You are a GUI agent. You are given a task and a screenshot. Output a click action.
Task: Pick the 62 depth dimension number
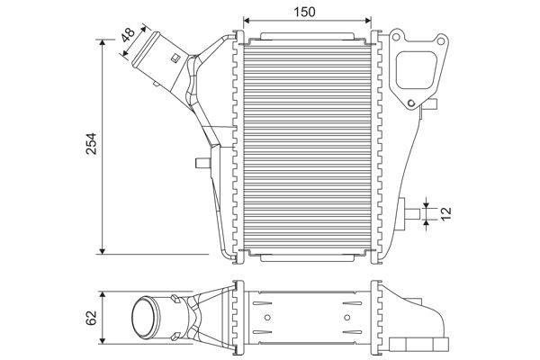click(x=91, y=318)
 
